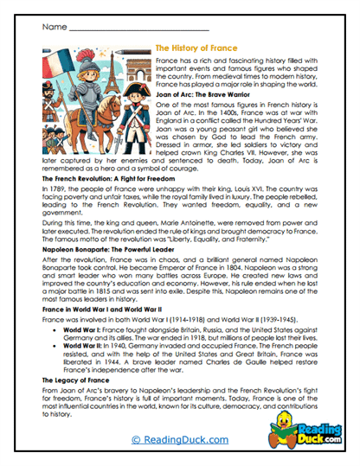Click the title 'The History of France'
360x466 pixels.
coord(200,49)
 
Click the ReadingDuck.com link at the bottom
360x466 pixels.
coord(179,440)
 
